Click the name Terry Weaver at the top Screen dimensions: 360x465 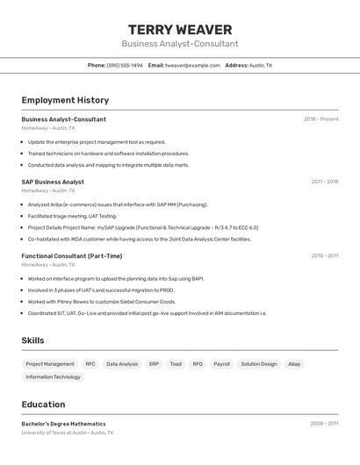coord(180,30)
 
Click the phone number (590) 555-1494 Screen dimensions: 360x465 coord(125,65)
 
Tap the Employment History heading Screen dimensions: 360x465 coord(65,100)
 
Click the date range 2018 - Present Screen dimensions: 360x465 coord(320,119)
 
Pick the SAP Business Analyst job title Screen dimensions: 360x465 coord(53,182)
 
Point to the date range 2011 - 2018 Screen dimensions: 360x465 coord(324,182)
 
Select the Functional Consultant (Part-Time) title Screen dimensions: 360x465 coord(72,256)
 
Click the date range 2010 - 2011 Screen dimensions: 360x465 coord(324,256)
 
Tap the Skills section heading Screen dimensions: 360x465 coord(32,340)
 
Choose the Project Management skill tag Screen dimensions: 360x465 coord(50,364)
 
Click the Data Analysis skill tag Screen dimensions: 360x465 coord(122,364)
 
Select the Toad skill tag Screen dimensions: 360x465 coord(176,364)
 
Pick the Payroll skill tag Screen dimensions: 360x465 coord(221,364)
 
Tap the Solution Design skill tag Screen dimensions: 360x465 coord(259,364)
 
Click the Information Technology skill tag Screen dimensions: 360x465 coord(53,377)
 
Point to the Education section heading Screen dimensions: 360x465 coord(43,404)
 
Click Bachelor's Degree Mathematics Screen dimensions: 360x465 coord(63,424)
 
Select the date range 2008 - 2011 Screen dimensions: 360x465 coord(323,424)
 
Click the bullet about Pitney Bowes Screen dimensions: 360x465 coord(101,302)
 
